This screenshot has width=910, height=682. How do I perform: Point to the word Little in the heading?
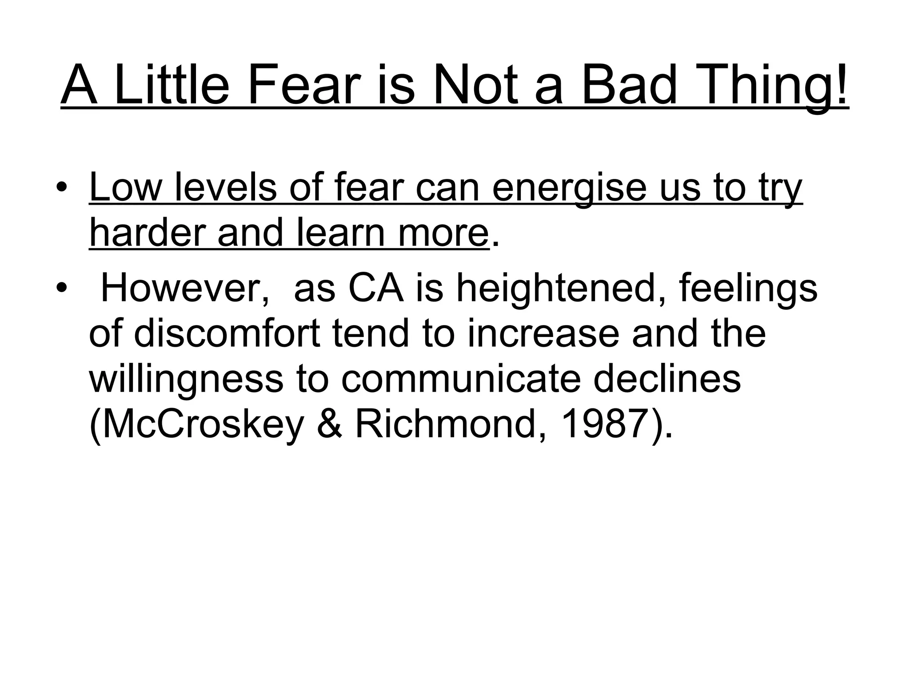(x=172, y=85)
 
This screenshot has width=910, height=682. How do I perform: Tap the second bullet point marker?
(x=62, y=288)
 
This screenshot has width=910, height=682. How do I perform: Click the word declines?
(x=667, y=379)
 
